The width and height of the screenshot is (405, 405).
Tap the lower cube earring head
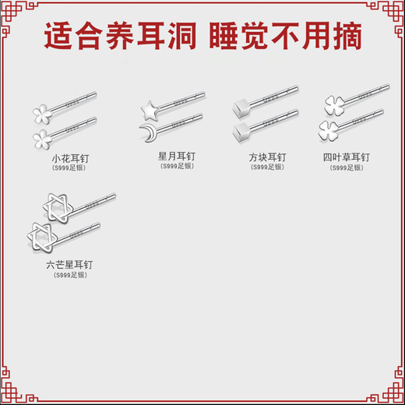click(239, 130)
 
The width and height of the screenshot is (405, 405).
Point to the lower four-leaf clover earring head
click(329, 129)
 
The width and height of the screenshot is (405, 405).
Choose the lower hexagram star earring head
click(37, 234)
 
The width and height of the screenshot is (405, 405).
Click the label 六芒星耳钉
click(70, 265)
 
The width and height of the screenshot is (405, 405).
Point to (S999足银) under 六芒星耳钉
click(70, 275)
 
